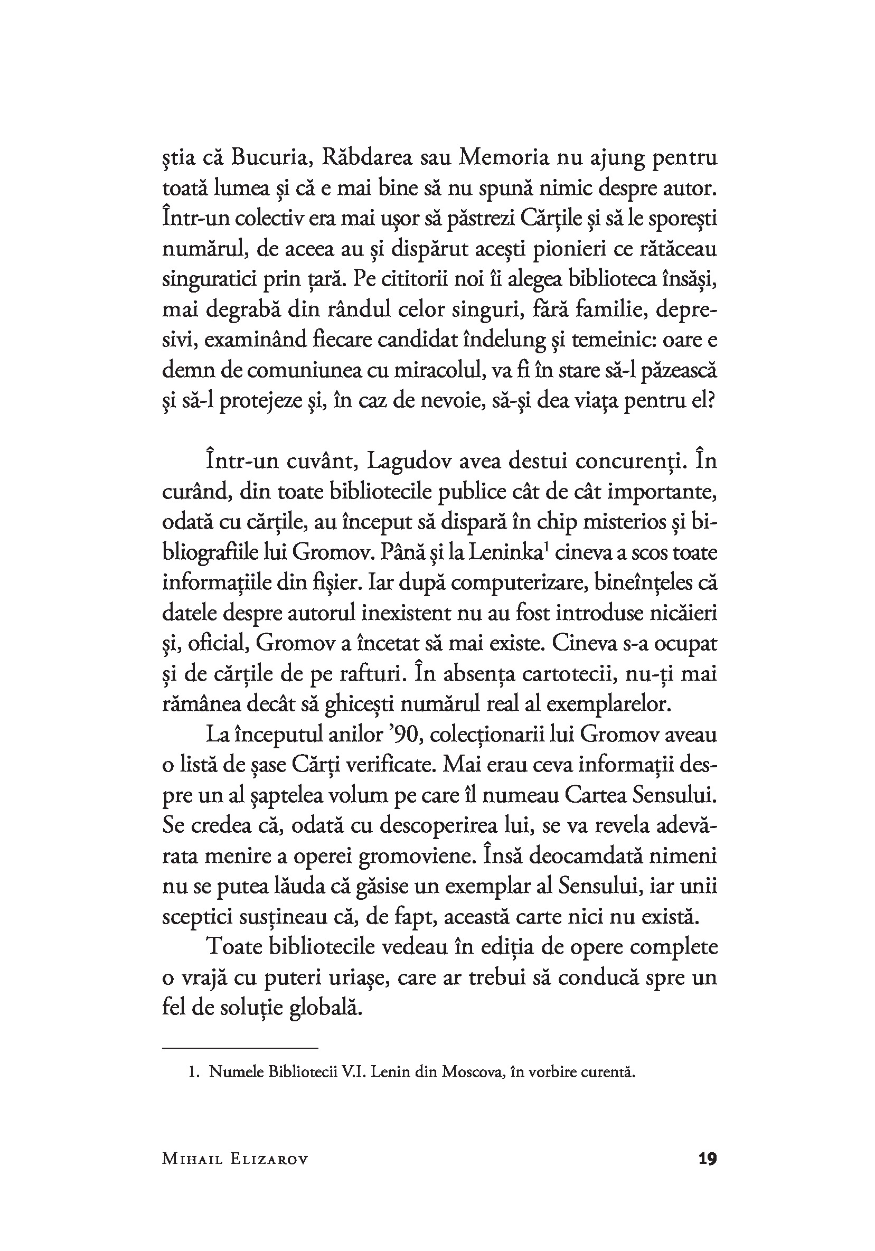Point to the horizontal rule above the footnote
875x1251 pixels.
coord(240,1048)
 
